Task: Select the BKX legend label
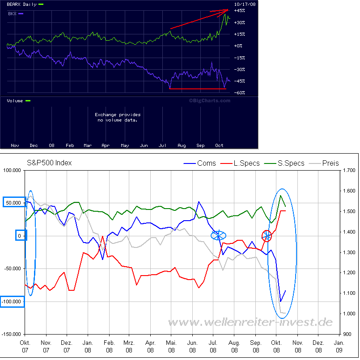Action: point(12,14)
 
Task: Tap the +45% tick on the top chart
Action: point(240,10)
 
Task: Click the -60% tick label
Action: point(240,93)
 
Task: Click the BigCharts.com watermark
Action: point(209,100)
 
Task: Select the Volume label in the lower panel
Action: point(16,101)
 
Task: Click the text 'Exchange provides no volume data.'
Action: point(118,117)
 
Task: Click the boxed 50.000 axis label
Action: point(14,203)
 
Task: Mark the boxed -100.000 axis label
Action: point(12,301)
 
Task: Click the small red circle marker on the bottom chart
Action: point(267,235)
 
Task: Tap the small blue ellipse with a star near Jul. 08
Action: point(219,235)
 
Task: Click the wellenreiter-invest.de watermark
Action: point(250,322)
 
